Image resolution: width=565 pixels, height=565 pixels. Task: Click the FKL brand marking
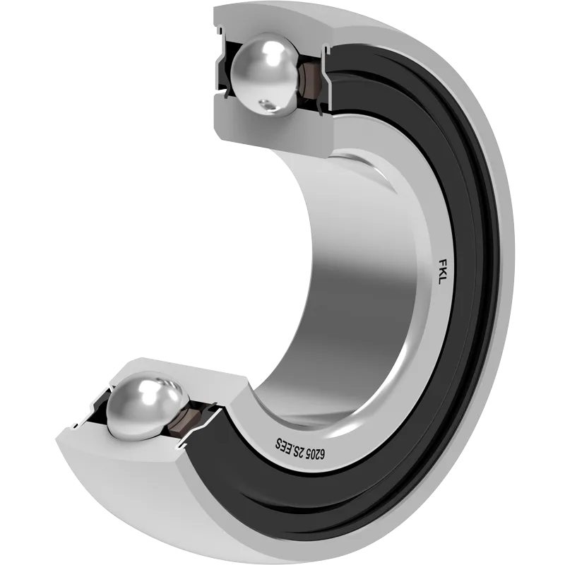click(x=439, y=271)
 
